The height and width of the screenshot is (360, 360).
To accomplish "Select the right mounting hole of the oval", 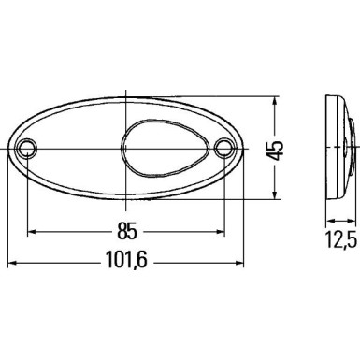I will click(224, 148).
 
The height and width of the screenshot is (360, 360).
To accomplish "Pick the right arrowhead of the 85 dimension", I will click(221, 229).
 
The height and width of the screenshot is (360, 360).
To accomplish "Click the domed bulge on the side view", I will click(348, 147).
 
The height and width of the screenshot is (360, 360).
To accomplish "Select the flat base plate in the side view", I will click(329, 147).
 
